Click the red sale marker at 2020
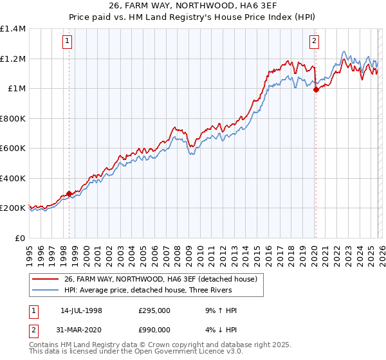click(316, 90)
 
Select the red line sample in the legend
click(45, 279)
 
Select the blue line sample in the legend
click(45, 290)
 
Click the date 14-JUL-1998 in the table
click(81, 310)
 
